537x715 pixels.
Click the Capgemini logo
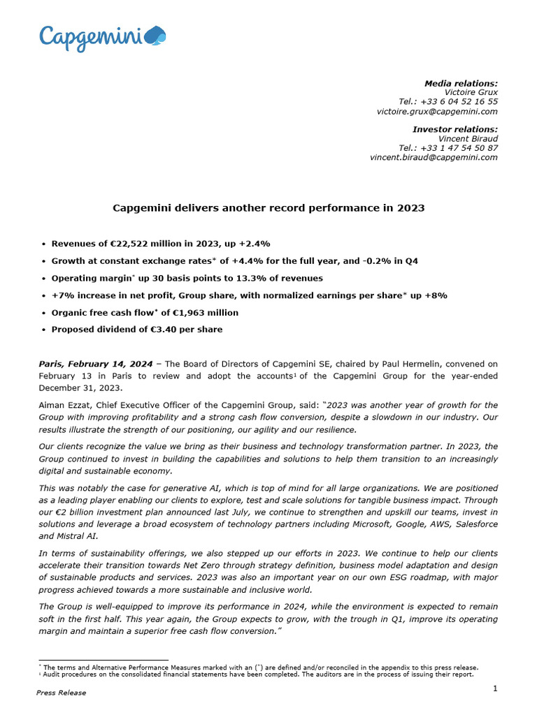click(x=102, y=37)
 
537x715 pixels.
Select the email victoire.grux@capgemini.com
click(x=437, y=111)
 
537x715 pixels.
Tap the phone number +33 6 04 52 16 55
click(x=448, y=101)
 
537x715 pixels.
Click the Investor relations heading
click(x=455, y=129)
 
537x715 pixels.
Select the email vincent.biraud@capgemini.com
click(x=434, y=157)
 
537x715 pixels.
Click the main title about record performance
click(x=268, y=208)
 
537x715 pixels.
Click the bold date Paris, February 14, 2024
click(x=94, y=364)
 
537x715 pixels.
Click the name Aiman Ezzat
click(x=62, y=405)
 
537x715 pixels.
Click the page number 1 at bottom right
click(x=495, y=689)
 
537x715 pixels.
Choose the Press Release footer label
click(x=62, y=693)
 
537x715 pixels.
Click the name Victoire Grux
click(x=471, y=92)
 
